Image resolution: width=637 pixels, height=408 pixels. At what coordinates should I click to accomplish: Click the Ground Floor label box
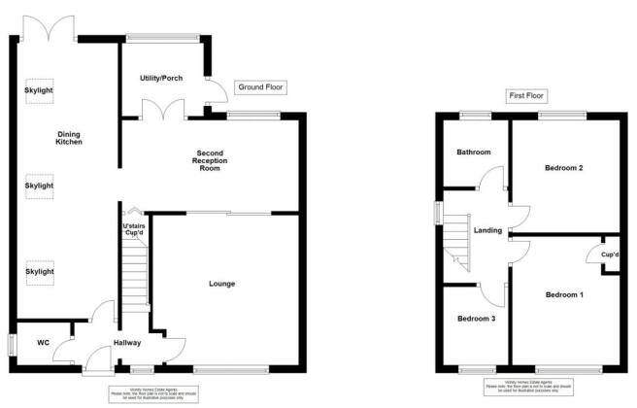tap(261, 86)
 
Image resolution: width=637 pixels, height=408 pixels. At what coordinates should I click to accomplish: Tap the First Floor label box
tap(527, 96)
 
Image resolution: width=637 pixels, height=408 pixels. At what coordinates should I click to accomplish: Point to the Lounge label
tap(222, 284)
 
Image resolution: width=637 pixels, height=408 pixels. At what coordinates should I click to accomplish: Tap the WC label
tap(43, 342)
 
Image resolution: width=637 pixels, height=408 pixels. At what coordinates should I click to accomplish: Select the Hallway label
tap(127, 343)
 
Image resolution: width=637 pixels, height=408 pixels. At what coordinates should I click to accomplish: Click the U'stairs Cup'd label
tap(133, 230)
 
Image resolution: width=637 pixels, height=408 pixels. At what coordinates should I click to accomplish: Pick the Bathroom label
tap(473, 153)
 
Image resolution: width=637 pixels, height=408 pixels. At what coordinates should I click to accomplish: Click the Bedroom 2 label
tap(563, 168)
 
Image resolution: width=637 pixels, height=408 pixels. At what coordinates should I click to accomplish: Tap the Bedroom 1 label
tap(563, 294)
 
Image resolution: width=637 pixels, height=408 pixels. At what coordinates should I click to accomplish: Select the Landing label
tap(486, 230)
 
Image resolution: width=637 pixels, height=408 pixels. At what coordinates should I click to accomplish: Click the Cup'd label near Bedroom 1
tap(610, 255)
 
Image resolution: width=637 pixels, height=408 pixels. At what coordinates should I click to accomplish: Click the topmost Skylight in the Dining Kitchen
tap(40, 90)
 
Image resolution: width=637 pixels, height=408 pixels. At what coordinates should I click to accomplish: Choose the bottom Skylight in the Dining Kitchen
tap(40, 272)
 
